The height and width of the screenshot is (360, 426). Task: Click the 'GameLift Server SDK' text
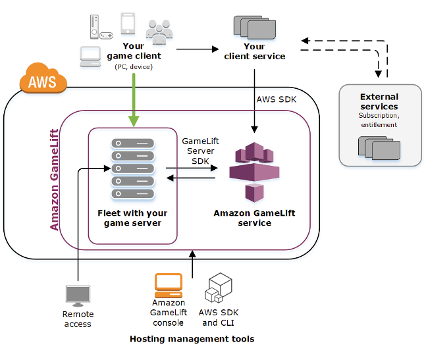200,151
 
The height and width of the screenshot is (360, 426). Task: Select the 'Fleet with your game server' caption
132,218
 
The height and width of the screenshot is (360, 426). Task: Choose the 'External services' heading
379,101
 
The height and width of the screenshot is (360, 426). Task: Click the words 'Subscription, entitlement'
379,120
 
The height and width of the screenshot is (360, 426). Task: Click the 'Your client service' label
255,51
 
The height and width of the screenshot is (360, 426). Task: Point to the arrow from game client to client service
198,49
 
